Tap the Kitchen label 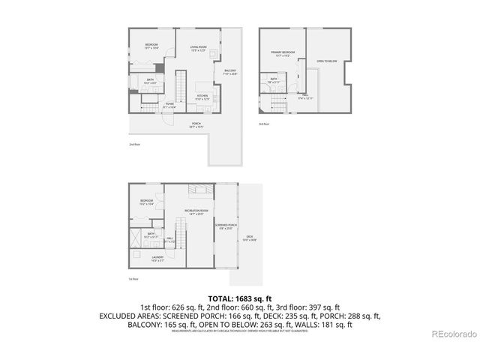coord(202,97)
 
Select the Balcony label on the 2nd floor coord(229,72)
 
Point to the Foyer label coord(170,106)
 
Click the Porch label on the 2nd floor coord(196,124)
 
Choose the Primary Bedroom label coord(283,53)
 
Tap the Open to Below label coord(326,61)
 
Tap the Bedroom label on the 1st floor coord(146,202)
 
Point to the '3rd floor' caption coord(263,123)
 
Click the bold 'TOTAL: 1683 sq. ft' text coord(239,298)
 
